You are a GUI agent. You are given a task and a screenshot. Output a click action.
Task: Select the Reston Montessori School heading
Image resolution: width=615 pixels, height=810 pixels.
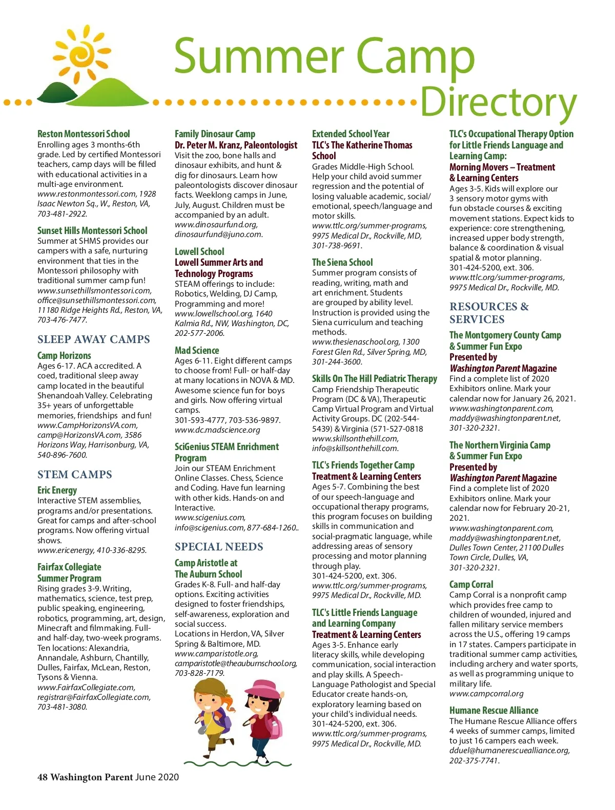[84, 134]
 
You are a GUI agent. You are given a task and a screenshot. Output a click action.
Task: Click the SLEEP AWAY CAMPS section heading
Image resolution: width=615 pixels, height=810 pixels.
[94, 339]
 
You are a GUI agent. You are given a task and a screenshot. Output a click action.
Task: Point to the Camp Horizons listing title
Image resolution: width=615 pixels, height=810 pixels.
[64, 355]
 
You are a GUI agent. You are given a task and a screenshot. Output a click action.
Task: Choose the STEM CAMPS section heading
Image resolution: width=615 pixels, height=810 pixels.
[75, 475]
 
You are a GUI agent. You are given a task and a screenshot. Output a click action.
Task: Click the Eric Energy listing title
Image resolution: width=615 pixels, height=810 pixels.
[57, 491]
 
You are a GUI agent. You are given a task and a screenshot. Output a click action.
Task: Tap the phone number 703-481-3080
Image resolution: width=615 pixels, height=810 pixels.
[62, 707]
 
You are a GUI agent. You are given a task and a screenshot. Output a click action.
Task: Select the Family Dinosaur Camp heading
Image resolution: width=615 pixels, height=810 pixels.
[215, 134]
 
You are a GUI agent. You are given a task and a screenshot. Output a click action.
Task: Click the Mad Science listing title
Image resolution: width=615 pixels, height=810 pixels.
[197, 350]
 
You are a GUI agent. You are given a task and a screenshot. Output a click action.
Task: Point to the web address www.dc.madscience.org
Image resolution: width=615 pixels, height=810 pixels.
[217, 430]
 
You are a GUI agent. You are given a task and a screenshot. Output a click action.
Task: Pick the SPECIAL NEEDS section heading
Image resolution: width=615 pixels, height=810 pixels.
[219, 547]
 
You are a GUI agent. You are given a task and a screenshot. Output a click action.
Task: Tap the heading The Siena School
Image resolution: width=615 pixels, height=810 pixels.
[342, 262]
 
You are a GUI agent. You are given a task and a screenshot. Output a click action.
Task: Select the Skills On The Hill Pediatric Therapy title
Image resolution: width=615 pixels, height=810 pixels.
[375, 378]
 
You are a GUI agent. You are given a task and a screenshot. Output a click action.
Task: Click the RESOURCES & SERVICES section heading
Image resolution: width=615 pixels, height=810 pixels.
[489, 313]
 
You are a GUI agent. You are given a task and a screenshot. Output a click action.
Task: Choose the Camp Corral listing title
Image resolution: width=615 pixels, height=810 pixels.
[471, 584]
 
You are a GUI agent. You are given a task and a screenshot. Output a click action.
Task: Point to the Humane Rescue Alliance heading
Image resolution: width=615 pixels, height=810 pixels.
[494, 710]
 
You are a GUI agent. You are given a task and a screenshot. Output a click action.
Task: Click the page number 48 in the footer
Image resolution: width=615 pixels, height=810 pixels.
[43, 777]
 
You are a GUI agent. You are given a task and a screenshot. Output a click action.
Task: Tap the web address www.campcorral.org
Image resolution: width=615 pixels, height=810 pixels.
[486, 694]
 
